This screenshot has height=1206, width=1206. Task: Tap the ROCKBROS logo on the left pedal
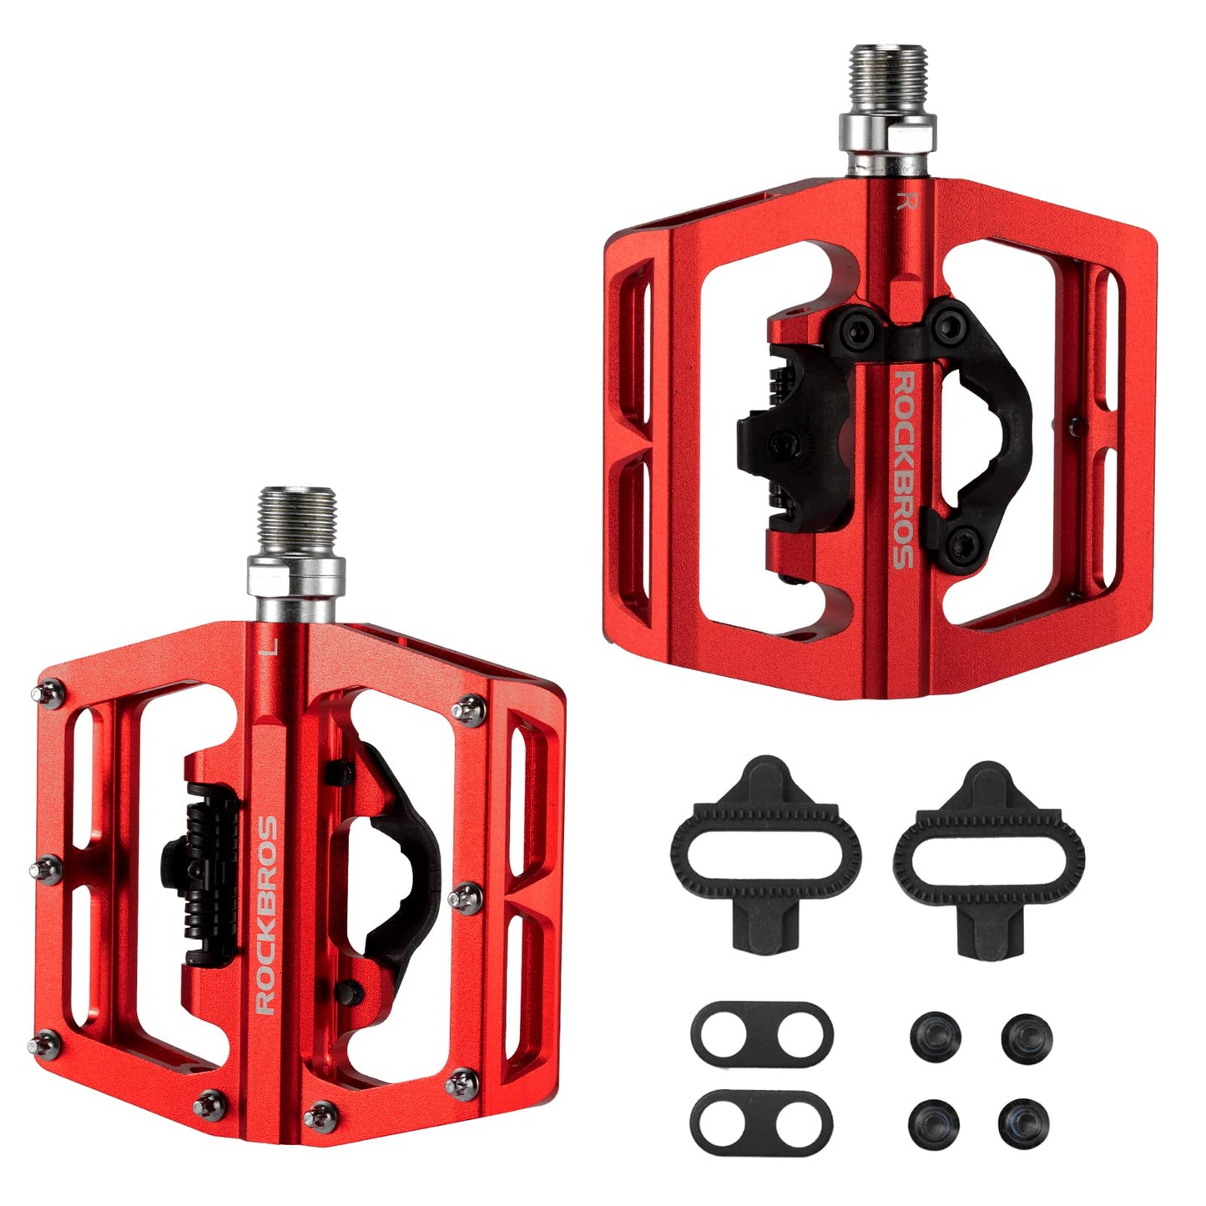tap(266, 915)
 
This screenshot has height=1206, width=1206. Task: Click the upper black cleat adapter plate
tap(761, 1033)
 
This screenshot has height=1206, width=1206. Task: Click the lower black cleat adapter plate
tap(761, 1119)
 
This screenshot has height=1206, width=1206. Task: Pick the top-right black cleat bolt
tap(1026, 1037)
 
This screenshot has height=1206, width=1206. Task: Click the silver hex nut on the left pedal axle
tap(295, 575)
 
